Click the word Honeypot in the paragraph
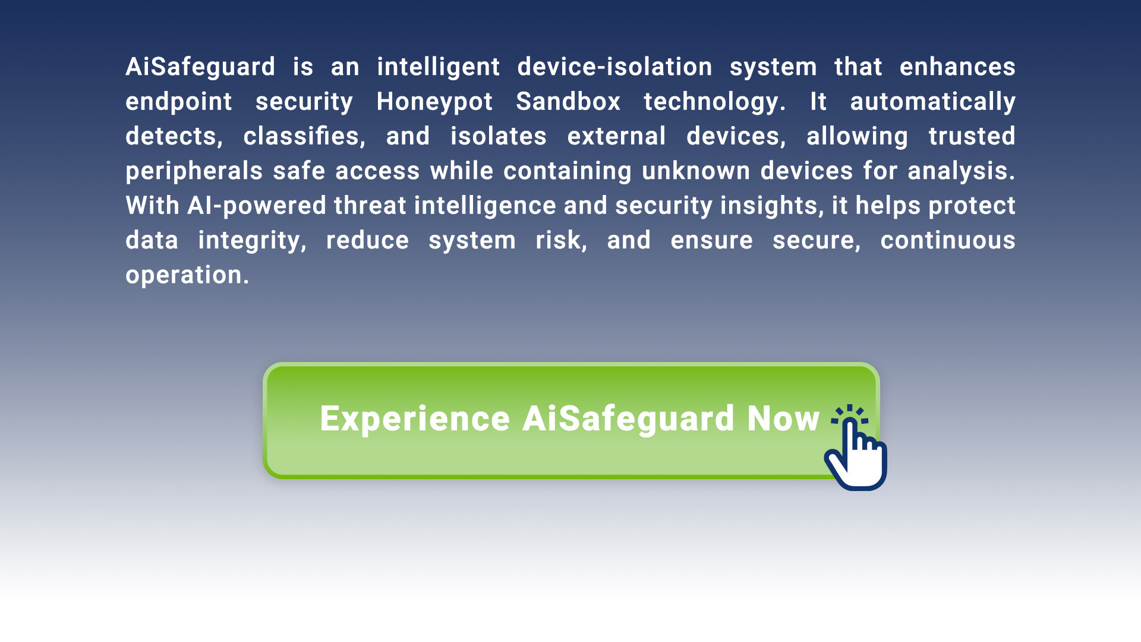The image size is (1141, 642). pyautogui.click(x=434, y=102)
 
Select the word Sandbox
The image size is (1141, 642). pyautogui.click(x=568, y=101)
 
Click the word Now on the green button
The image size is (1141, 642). pyautogui.click(x=783, y=418)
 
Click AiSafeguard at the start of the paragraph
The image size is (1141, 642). pyautogui.click(x=200, y=68)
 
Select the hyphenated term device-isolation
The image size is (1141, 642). pyautogui.click(x=614, y=67)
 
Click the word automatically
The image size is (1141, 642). pyautogui.click(x=933, y=102)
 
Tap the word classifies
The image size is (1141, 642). pyautogui.click(x=304, y=136)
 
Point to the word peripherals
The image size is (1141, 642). pyautogui.click(x=194, y=172)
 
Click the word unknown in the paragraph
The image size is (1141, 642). pyautogui.click(x=696, y=171)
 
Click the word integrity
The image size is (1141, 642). pyautogui.click(x=252, y=241)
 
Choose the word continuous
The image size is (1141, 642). pyautogui.click(x=948, y=240)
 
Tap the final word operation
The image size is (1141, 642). pyautogui.click(x=187, y=275)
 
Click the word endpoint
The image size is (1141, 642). pyautogui.click(x=179, y=102)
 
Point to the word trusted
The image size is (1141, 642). pyautogui.click(x=972, y=136)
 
